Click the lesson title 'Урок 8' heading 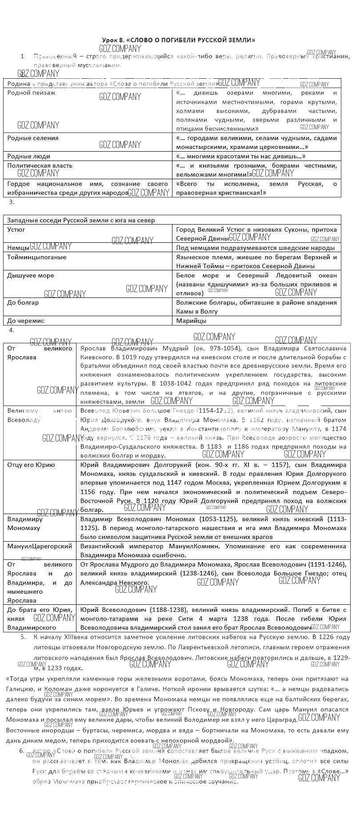pos(179,40)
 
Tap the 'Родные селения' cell pos(33,138)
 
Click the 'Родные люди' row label pos(28,156)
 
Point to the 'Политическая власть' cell pos(40,165)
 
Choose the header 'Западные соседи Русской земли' pos(81,220)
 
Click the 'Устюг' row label pos(16,229)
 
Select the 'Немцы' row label pos(18,248)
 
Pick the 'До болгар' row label pos(23,302)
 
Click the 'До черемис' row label pos(26,321)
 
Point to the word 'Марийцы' pos(191,321)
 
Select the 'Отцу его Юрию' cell pos(31,465)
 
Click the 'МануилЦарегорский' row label pos(40,546)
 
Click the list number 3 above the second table pos(12,202)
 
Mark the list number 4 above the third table pos(12,330)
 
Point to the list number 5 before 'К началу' pos(23,637)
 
